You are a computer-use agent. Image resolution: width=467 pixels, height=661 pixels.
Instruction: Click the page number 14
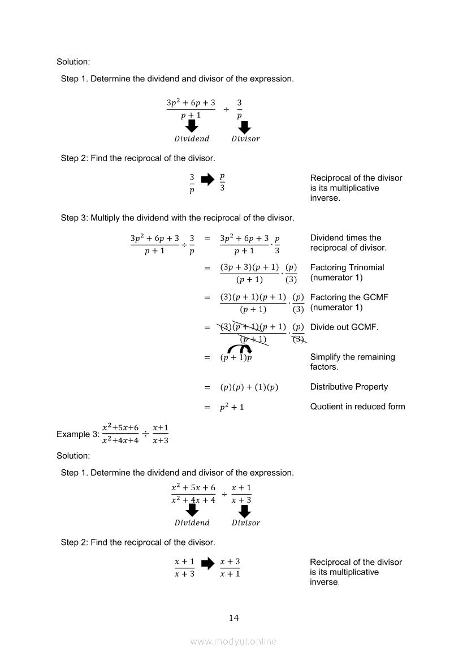(234, 618)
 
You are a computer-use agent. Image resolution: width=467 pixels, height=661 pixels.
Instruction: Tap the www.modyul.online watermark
(233, 642)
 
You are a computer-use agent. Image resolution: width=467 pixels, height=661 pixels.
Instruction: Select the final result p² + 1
(232, 407)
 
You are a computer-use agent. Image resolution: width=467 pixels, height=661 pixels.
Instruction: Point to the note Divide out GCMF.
(344, 327)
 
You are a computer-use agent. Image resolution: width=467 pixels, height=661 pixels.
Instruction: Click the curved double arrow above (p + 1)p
(240, 349)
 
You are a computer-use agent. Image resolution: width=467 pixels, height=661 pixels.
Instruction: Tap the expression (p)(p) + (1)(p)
(249, 387)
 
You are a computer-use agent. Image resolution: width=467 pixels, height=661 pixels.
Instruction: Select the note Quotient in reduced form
(357, 407)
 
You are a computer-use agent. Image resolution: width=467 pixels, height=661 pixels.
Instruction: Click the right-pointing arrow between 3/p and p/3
(207, 179)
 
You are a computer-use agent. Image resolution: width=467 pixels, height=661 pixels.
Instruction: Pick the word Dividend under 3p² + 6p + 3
(192, 139)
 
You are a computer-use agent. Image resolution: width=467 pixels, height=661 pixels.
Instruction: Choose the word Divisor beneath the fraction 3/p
(245, 139)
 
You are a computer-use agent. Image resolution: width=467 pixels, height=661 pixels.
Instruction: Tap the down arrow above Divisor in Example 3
(244, 511)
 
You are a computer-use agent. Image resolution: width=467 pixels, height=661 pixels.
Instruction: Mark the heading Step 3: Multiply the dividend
(177, 218)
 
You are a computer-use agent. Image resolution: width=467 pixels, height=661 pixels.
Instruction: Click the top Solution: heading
(73, 62)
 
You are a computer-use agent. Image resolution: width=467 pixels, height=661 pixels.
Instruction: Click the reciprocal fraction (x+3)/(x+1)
(230, 568)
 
